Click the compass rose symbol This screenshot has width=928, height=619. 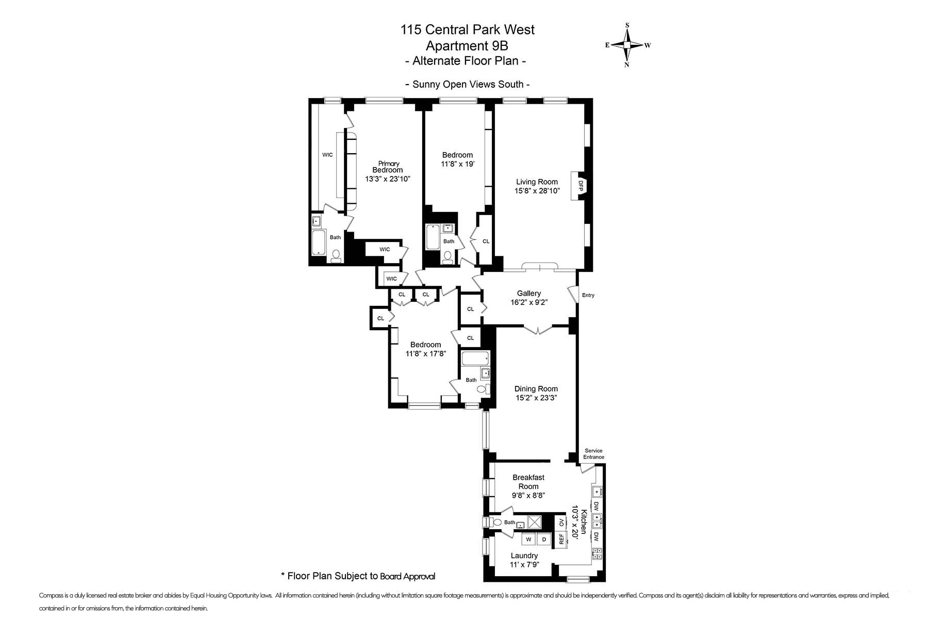point(627,45)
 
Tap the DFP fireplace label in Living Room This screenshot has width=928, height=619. point(579,185)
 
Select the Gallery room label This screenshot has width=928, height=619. point(528,294)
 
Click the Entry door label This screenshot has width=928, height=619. point(588,296)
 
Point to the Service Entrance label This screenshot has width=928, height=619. point(593,454)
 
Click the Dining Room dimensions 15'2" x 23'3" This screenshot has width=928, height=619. point(536,398)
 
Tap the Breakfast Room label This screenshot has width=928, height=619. point(528,482)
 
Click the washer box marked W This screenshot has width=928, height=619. point(528,540)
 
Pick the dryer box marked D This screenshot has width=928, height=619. point(544,540)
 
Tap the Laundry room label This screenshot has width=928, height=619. point(524,556)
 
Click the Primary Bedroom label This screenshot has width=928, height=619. point(388,167)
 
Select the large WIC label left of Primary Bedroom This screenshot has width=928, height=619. point(327,155)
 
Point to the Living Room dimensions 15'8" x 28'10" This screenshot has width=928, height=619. point(537,191)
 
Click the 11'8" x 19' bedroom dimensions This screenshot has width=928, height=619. point(457,164)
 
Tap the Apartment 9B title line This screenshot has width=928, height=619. point(468,45)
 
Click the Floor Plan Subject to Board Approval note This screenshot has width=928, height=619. point(358,576)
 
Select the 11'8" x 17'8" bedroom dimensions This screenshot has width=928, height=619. point(425,354)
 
